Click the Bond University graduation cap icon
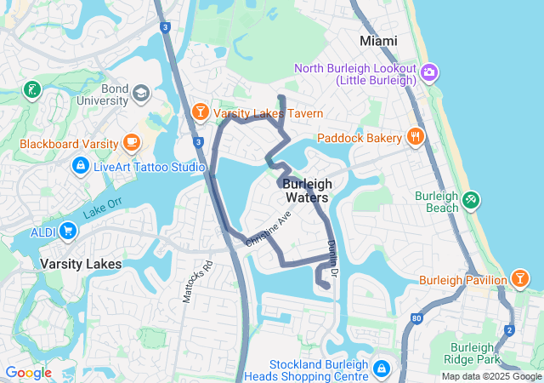coord(140,92)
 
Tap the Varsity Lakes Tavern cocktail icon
coord(200,111)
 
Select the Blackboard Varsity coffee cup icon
coord(131,142)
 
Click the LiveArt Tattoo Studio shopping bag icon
coord(80,165)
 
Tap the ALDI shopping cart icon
coord(67,230)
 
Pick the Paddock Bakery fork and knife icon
coord(415,136)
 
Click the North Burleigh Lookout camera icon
coord(430,73)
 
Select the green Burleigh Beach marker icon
coord(471,201)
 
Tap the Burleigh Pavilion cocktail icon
coord(518,278)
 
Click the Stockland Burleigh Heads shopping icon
coord(382,369)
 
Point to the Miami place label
coord(378,41)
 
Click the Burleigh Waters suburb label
coord(307,191)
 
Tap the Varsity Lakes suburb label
coord(81,264)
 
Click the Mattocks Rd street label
coord(189,280)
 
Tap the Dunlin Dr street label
coord(332,258)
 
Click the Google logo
coord(28,373)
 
